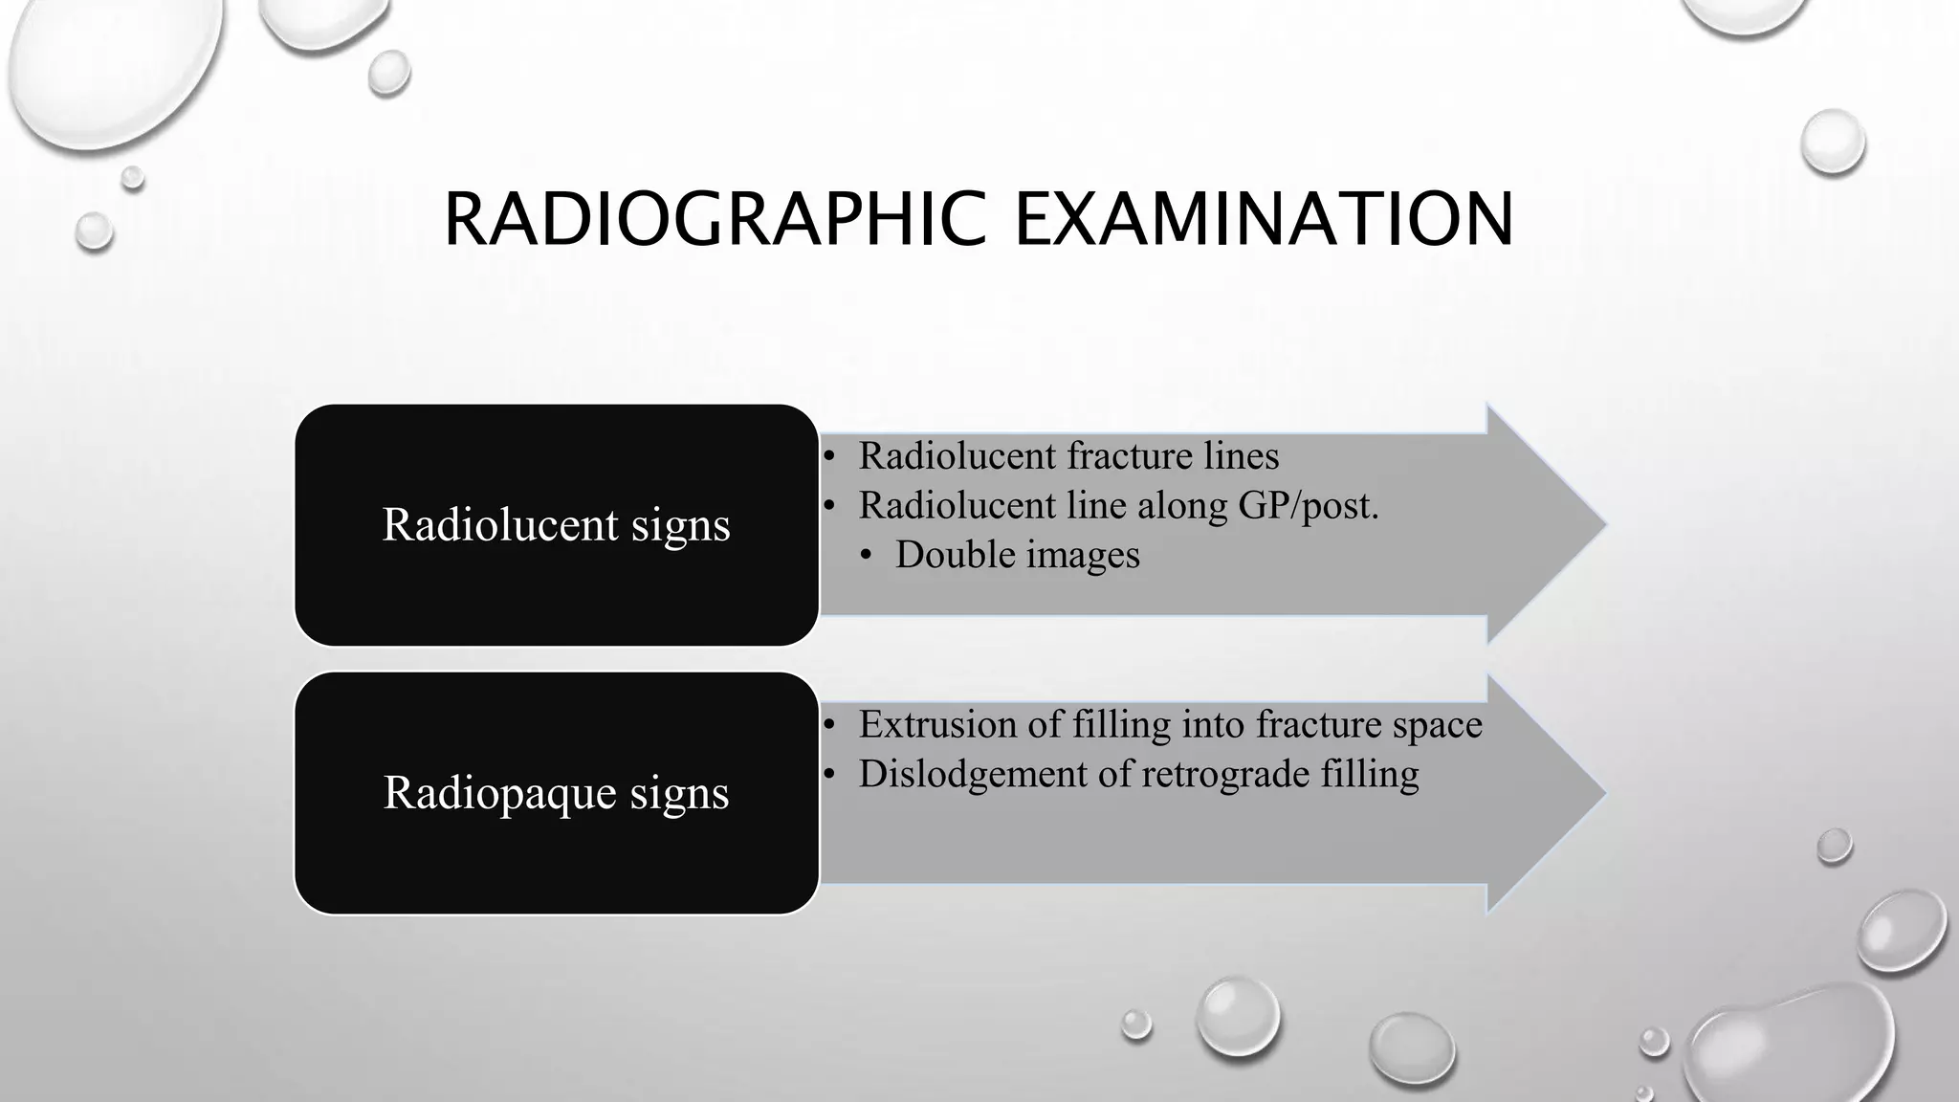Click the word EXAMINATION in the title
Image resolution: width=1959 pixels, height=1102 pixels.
tap(1264, 220)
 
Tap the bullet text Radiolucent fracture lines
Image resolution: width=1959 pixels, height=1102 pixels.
tap(1068, 456)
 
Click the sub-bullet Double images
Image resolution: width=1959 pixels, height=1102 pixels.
tap(1018, 555)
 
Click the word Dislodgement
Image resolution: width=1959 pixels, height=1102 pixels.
tap(972, 774)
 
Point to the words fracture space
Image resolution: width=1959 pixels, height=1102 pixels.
tap(1369, 725)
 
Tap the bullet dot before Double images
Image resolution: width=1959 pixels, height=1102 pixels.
tap(867, 556)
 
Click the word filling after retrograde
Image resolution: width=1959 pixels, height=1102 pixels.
tap(1370, 774)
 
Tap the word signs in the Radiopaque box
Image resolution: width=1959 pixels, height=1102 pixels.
tap(679, 793)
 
